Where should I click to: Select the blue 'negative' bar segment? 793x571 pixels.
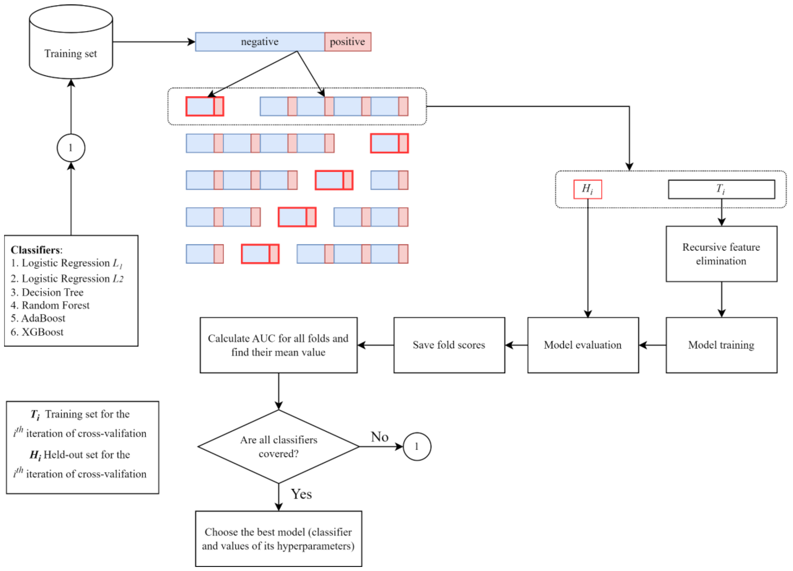pos(260,42)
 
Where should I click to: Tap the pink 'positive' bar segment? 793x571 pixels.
pos(348,42)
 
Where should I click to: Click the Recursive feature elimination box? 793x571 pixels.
pos(721,254)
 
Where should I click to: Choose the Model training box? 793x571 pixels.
pos(721,345)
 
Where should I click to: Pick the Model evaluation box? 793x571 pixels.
pos(583,345)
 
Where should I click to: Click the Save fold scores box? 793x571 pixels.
pos(449,345)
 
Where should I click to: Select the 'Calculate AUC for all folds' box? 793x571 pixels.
pos(278,345)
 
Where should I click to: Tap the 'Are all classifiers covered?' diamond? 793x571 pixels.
pos(278,446)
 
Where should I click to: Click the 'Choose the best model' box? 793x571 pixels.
pos(278,539)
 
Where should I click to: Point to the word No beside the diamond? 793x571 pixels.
pos(379,437)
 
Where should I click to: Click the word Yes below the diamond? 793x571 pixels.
pos(301,494)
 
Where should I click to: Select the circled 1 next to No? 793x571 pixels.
pos(417,446)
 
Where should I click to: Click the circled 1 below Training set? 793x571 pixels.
pos(71,147)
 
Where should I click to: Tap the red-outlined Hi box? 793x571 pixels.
pos(587,189)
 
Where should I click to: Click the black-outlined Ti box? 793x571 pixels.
pos(721,189)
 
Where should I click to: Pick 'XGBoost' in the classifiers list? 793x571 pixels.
pos(42,332)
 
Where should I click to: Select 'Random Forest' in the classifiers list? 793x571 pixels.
pos(55,305)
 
